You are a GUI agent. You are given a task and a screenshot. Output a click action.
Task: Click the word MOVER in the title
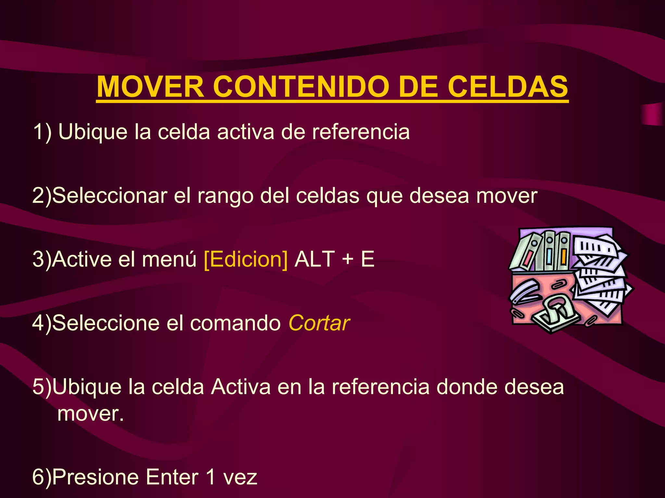(150, 87)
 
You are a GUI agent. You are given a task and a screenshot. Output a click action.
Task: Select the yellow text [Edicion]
(246, 259)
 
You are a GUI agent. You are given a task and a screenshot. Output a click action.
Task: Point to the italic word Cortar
(319, 323)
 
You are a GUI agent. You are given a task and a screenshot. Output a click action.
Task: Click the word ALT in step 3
(314, 259)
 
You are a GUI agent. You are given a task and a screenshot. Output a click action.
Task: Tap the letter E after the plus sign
(368, 259)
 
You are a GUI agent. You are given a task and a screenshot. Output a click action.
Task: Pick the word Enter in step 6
(172, 477)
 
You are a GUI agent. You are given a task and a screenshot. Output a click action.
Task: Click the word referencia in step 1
(361, 132)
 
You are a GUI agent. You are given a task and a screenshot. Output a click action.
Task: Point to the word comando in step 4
(235, 323)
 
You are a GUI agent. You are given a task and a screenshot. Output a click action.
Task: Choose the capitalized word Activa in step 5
(241, 387)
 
